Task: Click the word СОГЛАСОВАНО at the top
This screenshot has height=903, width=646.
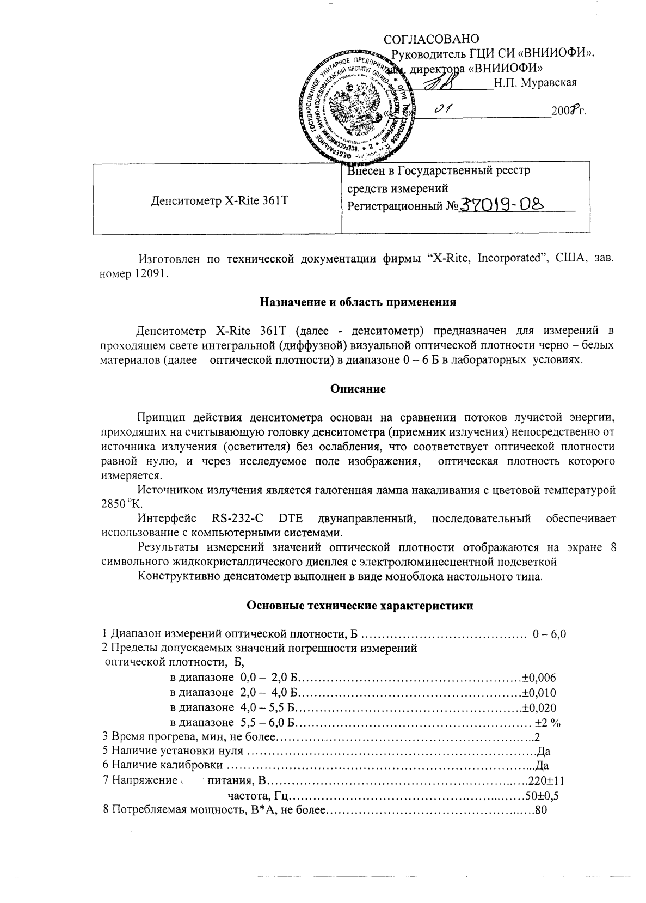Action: [x=432, y=39]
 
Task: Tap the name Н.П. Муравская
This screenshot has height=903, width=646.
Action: [x=536, y=83]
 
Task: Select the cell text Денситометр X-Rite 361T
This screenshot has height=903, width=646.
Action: [x=218, y=200]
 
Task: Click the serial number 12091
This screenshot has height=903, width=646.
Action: [x=151, y=273]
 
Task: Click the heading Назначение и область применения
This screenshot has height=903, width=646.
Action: [x=357, y=302]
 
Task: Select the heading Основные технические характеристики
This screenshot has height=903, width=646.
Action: [x=360, y=606]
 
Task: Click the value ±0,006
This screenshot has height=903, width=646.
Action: [x=539, y=678]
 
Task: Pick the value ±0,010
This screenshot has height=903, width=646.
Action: [x=539, y=693]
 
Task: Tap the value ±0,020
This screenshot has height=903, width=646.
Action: [x=539, y=708]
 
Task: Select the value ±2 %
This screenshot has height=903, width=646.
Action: [x=547, y=723]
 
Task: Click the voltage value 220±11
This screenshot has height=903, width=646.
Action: [x=547, y=780]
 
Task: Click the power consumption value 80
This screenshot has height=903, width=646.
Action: [x=540, y=810]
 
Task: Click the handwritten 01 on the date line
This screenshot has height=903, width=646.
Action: [x=444, y=111]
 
